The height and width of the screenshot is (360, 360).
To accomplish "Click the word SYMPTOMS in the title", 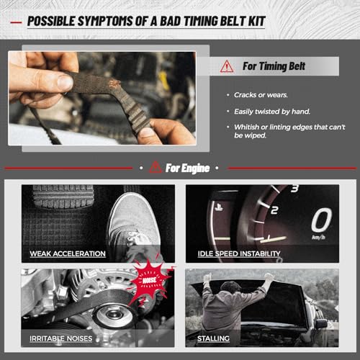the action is [x=105, y=21].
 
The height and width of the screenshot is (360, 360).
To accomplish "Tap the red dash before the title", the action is [x=16, y=22].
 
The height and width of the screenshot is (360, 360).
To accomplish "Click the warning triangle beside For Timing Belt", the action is [x=227, y=66].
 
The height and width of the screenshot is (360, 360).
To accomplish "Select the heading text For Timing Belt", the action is [x=274, y=66].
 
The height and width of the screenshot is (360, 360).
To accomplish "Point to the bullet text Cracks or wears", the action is [x=261, y=95].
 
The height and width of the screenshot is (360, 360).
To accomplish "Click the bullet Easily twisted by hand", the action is [x=272, y=112].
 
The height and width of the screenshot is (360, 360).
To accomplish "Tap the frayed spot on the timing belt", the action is [x=114, y=84].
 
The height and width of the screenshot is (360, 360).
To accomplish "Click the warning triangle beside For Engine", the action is [x=156, y=167].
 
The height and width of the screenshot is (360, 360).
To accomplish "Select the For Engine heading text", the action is [x=187, y=168].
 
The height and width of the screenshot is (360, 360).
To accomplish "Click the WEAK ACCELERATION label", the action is [x=68, y=253].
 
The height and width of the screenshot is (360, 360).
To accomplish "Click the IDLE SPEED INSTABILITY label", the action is [x=239, y=253].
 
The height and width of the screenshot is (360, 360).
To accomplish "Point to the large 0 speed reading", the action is [x=322, y=220].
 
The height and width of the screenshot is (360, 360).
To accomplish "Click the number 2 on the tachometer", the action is [x=274, y=210].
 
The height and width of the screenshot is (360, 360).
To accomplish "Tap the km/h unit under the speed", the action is [x=318, y=238].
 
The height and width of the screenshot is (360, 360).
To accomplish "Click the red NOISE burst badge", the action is [x=150, y=280].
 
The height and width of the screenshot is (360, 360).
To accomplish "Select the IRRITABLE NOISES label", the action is [x=61, y=338].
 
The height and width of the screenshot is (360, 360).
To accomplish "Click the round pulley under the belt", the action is [x=114, y=315].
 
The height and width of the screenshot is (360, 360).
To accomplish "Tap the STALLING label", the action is [x=213, y=338].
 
